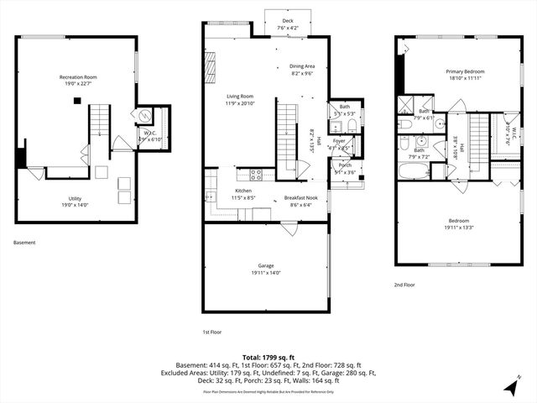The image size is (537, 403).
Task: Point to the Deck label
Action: tap(288, 21)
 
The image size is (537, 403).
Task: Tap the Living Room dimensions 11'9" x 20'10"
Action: tap(239, 104)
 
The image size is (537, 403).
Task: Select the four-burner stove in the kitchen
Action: tap(256, 175)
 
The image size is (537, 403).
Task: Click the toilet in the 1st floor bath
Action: tap(352, 126)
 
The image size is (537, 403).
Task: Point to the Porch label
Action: tap(345, 165)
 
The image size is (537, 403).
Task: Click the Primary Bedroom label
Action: tap(464, 71)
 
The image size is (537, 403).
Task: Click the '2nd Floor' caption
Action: tap(404, 285)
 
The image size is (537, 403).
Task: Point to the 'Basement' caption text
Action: tap(24, 243)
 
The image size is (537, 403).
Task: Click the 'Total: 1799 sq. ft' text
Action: tap(268, 357)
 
